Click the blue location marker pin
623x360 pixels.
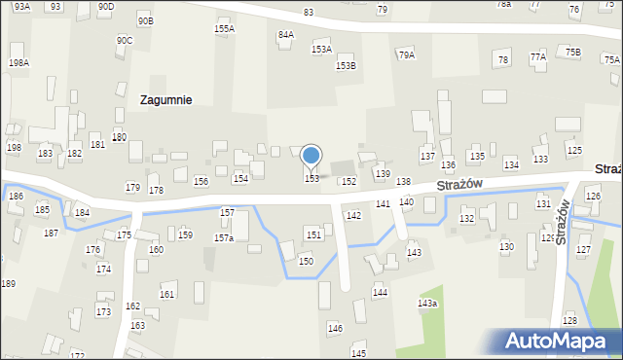[x=311, y=157]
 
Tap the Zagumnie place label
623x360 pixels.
[x=165, y=99]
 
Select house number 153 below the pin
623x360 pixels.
[x=311, y=179]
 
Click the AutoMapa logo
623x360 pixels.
[x=560, y=341]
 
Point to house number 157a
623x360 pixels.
[x=224, y=238]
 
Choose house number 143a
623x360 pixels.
[x=427, y=304]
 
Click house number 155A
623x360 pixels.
[x=224, y=29]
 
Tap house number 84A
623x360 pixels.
[x=286, y=35]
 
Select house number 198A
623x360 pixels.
[x=18, y=62]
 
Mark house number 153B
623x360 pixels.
[x=346, y=66]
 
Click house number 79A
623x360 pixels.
[x=406, y=55]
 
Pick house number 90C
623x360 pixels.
[x=125, y=41]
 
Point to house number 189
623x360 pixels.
[x=8, y=283]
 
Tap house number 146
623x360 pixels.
[x=335, y=329]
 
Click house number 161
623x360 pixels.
[x=167, y=295]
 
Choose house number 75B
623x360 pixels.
[x=572, y=53]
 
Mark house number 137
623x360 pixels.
[x=427, y=157]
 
